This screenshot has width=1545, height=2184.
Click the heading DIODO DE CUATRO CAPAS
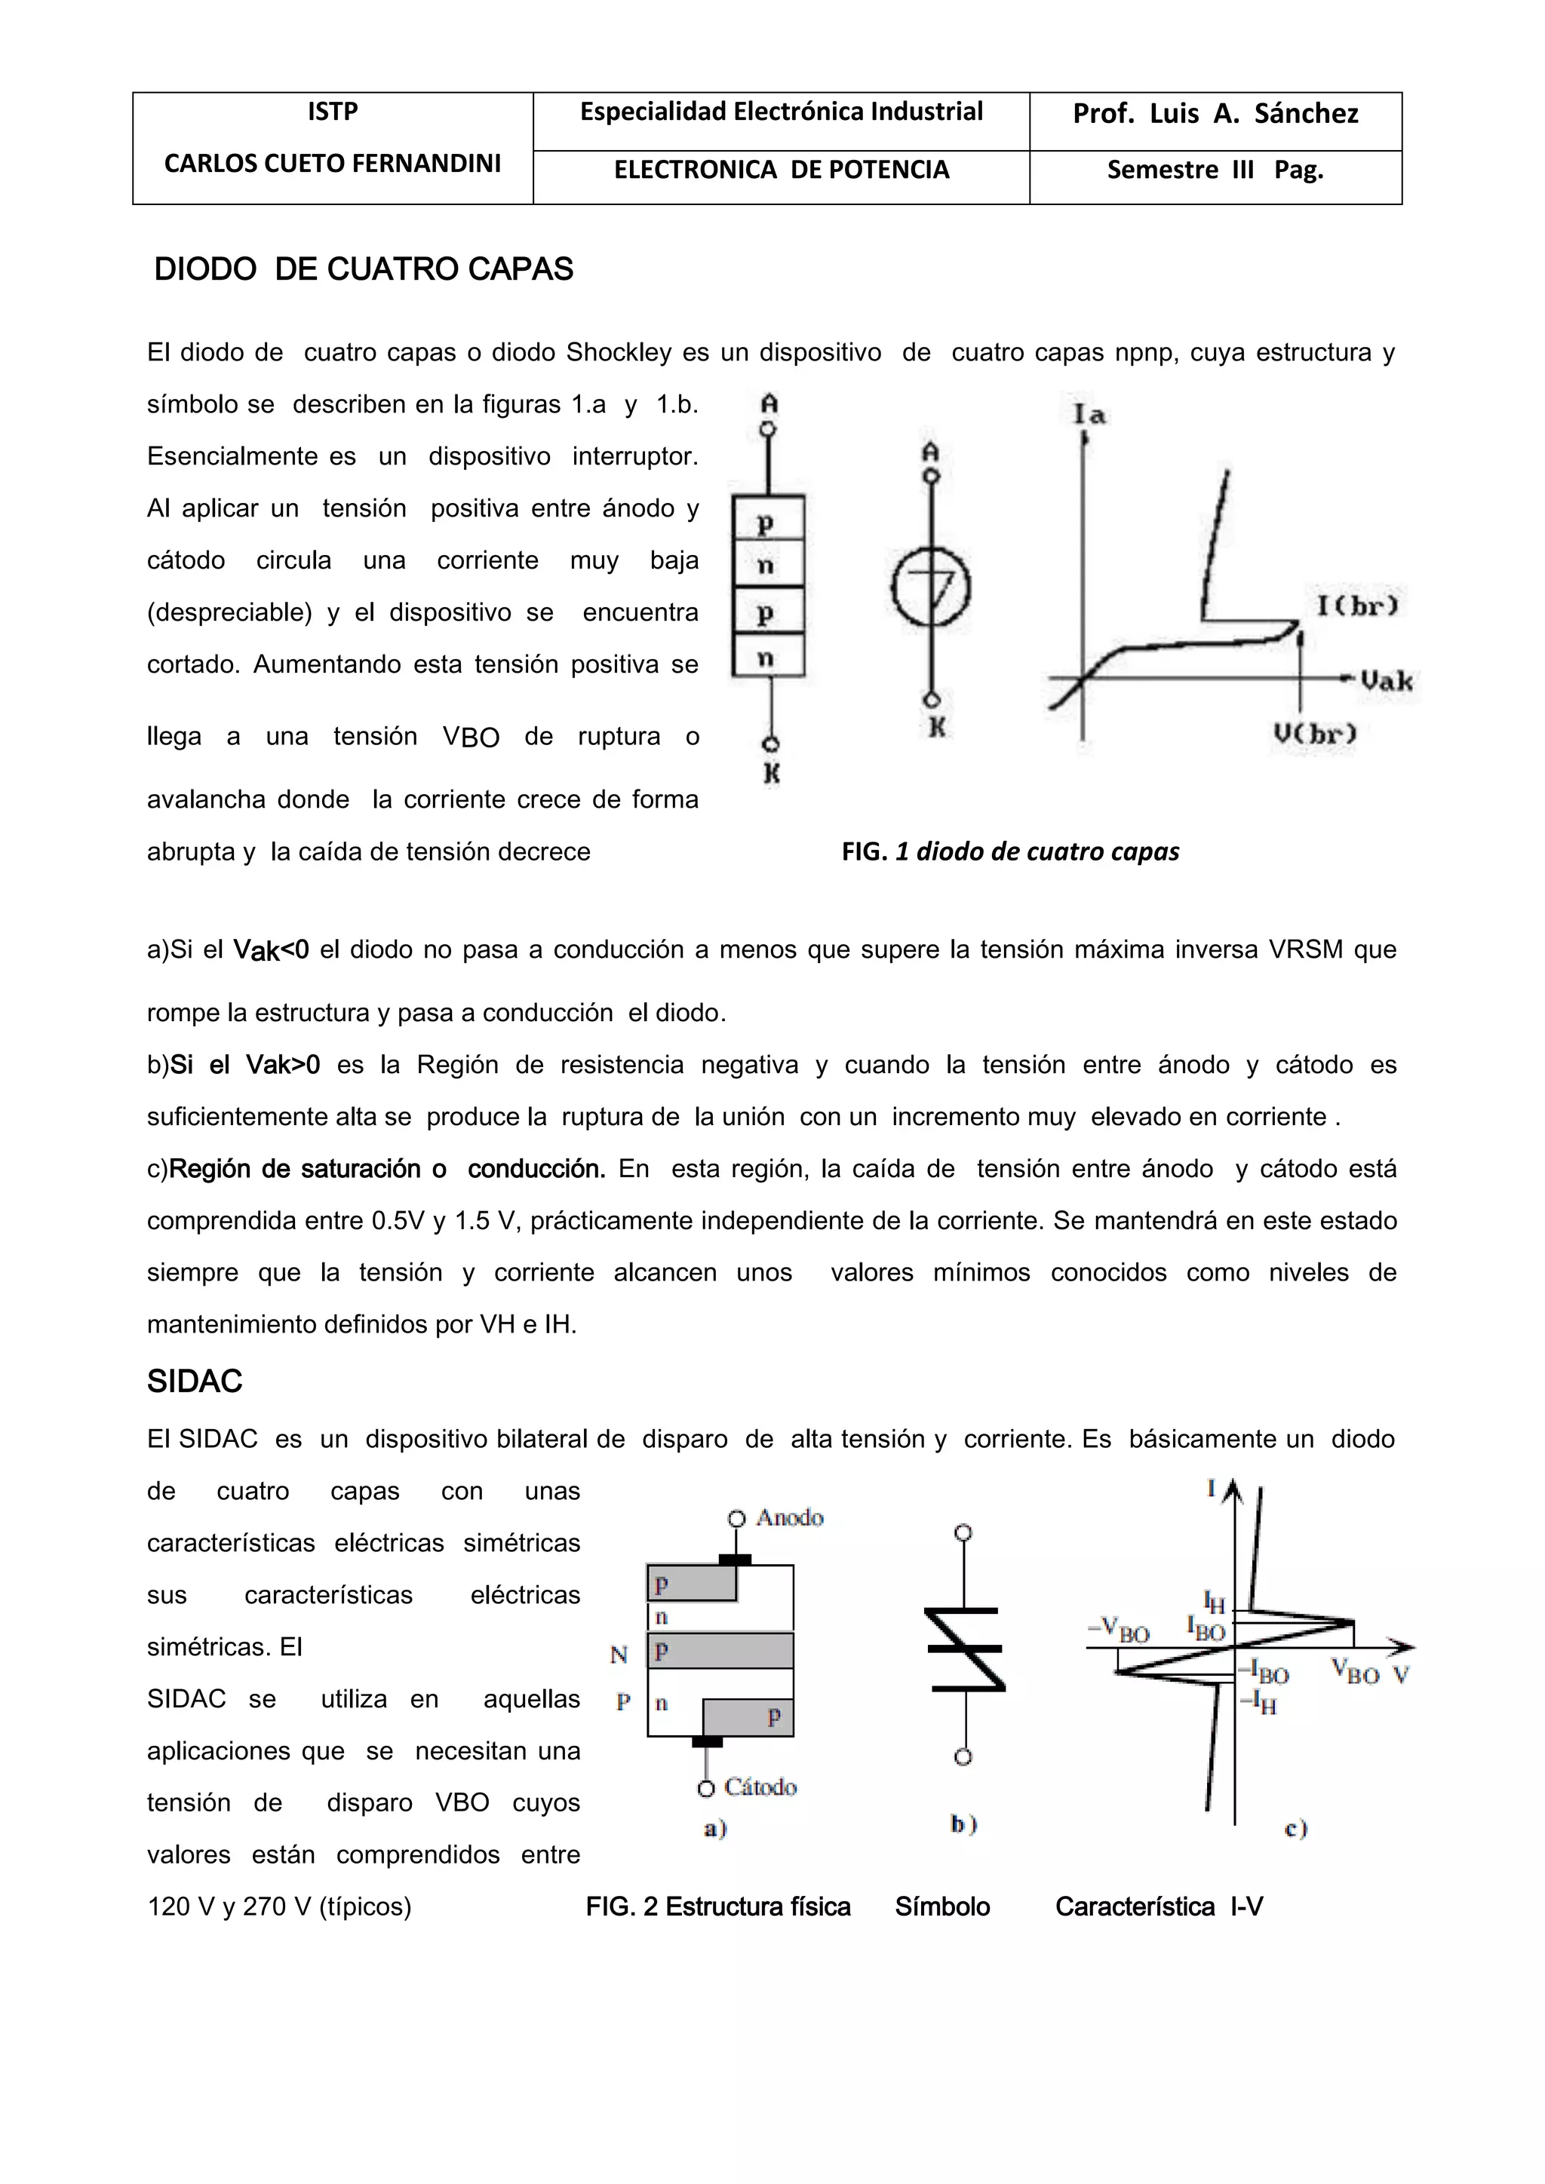pos(364,270)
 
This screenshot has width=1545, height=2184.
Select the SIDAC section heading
pos(195,1381)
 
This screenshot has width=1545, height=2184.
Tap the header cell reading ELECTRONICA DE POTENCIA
pos(781,170)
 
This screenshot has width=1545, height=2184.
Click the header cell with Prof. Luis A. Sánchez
pos(1215,114)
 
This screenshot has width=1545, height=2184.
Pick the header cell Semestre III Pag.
pos(1215,170)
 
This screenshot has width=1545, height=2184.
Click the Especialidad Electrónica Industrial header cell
pos(781,112)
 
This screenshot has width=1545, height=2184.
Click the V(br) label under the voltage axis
pos(1314,733)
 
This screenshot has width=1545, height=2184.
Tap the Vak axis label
pos(1385,681)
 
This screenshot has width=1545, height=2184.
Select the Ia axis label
pos(1089,414)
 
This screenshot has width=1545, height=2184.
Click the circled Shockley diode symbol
pos(930,587)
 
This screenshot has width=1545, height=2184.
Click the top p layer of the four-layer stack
pos(766,520)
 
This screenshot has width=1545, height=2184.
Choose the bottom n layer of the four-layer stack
pos(766,656)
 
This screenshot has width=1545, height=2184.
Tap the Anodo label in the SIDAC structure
pos(788,1517)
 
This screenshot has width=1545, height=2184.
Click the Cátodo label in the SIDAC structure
pos(759,1787)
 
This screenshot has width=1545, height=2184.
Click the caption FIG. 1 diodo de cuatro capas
pos(1009,852)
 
